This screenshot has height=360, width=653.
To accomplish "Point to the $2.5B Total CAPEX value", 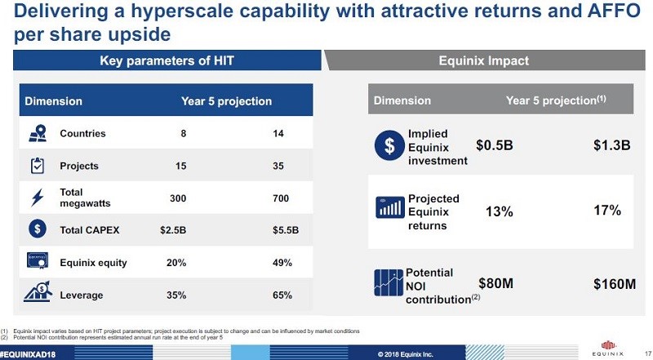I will (174, 230).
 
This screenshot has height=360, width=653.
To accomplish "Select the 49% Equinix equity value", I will (282, 263).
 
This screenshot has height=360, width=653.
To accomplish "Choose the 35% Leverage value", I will (178, 295).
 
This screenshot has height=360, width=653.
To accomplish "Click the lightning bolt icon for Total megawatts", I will (37, 198).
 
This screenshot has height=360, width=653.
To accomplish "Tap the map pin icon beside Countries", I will (37, 134).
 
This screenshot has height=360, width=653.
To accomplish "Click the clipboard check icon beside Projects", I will (37, 166).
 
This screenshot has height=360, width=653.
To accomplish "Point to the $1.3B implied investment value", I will (611, 145).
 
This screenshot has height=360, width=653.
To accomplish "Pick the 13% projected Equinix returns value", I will (499, 211).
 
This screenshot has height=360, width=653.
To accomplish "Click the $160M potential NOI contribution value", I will (614, 284).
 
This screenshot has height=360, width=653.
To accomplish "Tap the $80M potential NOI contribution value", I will (495, 284).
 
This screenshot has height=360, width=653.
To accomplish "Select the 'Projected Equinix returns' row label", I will (433, 211).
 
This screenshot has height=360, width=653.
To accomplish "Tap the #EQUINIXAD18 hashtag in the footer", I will (33, 353).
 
